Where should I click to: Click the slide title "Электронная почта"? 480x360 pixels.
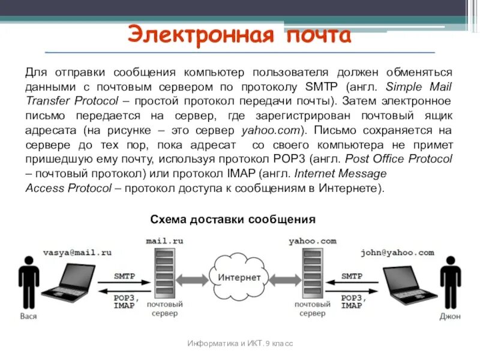[x=239, y=34]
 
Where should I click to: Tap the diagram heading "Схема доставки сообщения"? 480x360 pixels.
[x=232, y=220]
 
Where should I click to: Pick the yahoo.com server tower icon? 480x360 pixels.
[x=312, y=274]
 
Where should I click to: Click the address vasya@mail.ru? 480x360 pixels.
[x=77, y=253]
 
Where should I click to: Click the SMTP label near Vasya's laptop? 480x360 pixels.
[x=125, y=277]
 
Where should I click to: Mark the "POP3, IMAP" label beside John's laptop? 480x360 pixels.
[x=352, y=301]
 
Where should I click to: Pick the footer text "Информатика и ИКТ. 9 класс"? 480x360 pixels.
[x=240, y=343]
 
